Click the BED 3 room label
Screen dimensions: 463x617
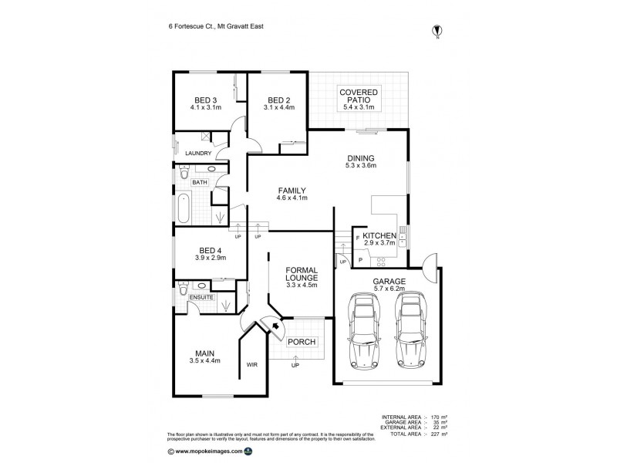205,100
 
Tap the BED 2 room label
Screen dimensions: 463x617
278,100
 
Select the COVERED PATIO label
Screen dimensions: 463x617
358,96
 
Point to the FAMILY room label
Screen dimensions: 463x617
292,191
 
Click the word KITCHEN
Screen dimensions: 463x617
379,235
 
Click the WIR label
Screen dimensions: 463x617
251,363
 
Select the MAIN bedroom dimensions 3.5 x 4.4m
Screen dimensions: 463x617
205,360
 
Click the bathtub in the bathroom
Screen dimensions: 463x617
182,208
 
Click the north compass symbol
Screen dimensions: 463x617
438,32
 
